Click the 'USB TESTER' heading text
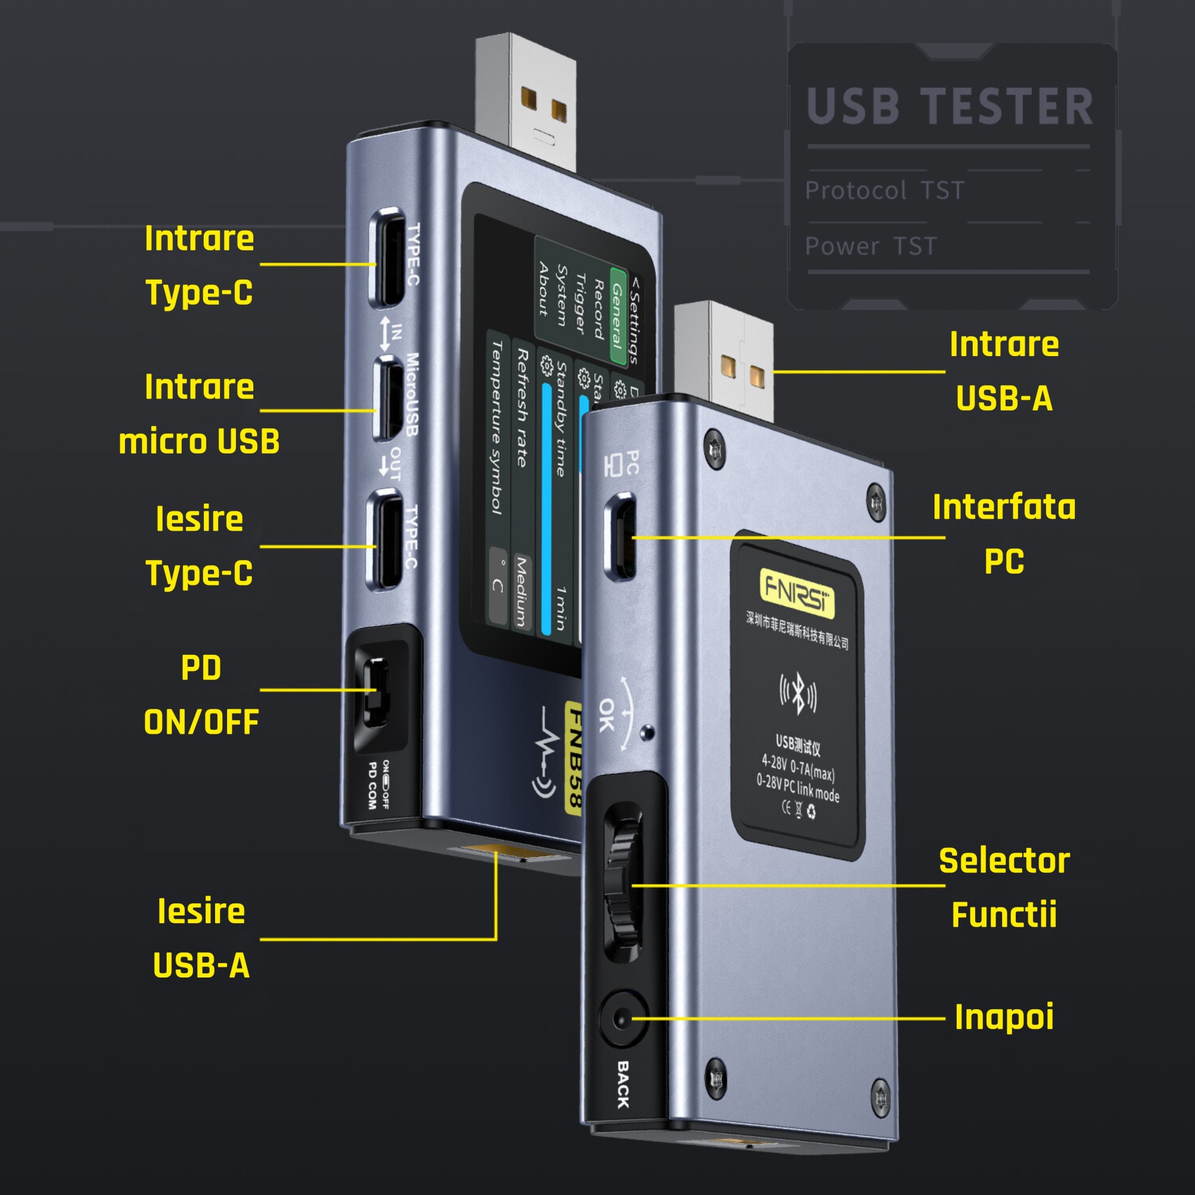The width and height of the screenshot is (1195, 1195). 949,106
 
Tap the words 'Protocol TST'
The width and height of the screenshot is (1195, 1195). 884,190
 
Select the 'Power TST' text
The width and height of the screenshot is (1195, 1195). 871,246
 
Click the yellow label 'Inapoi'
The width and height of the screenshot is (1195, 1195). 1004,1018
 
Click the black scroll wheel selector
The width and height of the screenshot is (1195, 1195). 623,884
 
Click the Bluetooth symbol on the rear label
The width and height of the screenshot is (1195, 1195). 798,694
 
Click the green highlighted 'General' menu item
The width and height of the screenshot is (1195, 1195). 618,315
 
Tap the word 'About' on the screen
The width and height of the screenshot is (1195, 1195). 543,289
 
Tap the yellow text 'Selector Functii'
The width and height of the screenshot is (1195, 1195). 1004,888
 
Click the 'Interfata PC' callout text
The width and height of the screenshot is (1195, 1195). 1004,534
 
